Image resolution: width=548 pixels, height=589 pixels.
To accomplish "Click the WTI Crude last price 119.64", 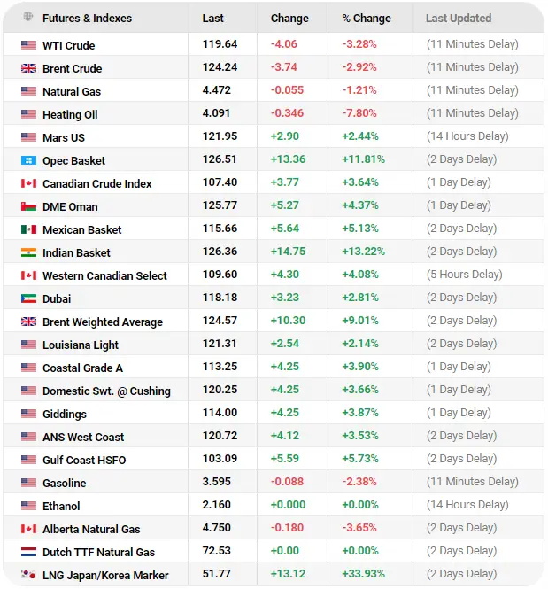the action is pyautogui.click(x=220, y=44).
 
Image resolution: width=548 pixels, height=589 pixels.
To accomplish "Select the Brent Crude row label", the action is pyautogui.click(x=72, y=69).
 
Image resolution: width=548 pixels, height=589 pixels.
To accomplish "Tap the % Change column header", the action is pyautogui.click(x=367, y=18).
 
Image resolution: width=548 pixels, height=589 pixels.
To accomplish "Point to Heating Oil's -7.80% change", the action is pyautogui.click(x=359, y=113).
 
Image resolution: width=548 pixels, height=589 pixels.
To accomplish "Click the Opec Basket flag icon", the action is pyautogui.click(x=28, y=161).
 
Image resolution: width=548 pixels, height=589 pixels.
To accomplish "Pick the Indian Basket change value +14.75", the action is pyautogui.click(x=288, y=252).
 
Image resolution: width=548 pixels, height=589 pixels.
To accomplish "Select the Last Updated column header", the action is pyautogui.click(x=459, y=18).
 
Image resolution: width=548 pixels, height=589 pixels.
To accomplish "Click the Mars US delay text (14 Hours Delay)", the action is pyautogui.click(x=467, y=136).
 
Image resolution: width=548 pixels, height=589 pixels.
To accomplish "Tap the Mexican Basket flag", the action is pyautogui.click(x=28, y=229).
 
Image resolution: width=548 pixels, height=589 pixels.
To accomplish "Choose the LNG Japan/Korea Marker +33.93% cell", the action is pyautogui.click(x=363, y=574).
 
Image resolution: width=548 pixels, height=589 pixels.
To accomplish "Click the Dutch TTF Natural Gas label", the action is pyautogui.click(x=98, y=552).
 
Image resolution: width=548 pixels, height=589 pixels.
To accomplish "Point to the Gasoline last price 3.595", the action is pyautogui.click(x=216, y=482).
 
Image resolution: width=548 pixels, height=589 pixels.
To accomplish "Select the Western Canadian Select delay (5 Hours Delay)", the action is pyautogui.click(x=464, y=275).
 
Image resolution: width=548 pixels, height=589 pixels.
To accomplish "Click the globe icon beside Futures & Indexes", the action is pyautogui.click(x=28, y=16).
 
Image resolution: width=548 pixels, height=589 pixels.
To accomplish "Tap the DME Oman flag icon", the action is pyautogui.click(x=28, y=206).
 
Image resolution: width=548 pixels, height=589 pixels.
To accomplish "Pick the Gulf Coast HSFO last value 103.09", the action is pyautogui.click(x=220, y=459).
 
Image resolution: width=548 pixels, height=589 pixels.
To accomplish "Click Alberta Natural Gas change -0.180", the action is pyautogui.click(x=287, y=528).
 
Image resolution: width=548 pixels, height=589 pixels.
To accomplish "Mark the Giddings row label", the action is pyautogui.click(x=64, y=414).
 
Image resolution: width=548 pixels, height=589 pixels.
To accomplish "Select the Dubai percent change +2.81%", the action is pyautogui.click(x=360, y=298).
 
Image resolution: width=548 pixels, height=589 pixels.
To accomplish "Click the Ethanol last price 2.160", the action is pyautogui.click(x=216, y=505).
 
